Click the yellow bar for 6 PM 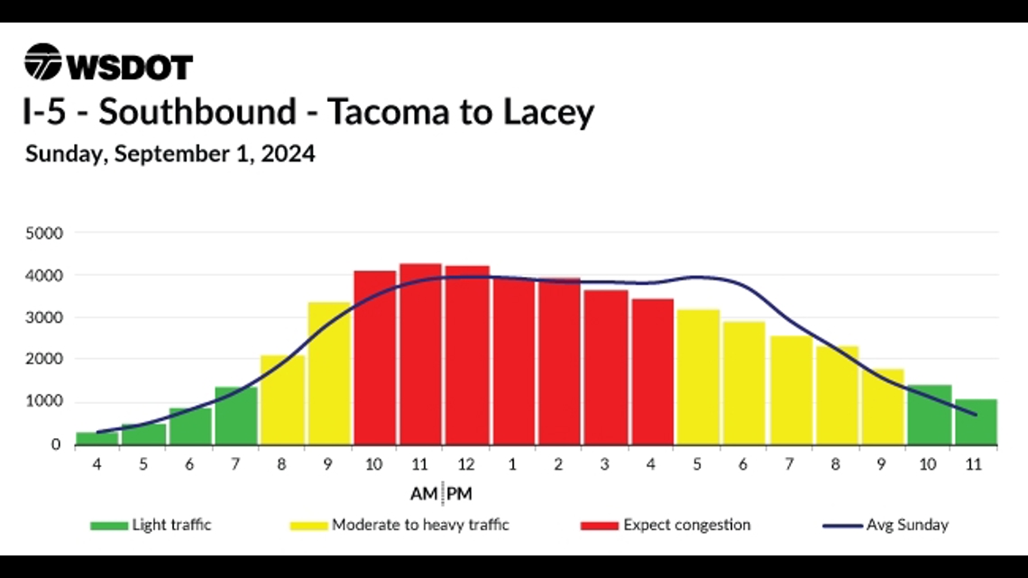(x=744, y=383)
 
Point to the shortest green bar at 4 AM (x=96, y=438)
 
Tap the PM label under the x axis (x=459, y=494)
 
